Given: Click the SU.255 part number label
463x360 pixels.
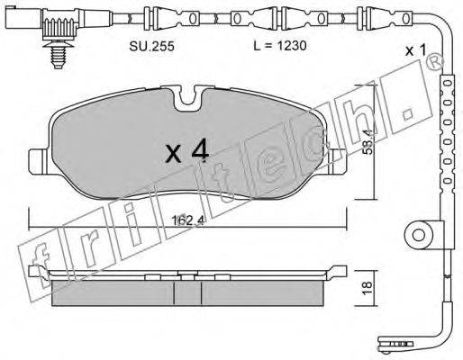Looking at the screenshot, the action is point(151,46).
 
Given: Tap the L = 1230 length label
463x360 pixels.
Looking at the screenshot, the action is point(280,46).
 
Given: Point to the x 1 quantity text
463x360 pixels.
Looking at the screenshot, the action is point(415,50).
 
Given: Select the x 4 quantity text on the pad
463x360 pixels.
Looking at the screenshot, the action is point(187,152).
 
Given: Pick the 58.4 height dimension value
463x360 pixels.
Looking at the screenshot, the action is point(367,141).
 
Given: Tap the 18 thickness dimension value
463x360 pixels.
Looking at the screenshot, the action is point(367,288).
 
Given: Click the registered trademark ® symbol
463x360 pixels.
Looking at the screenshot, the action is point(436,63).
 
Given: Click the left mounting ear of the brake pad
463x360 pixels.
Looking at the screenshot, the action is point(38,161).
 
